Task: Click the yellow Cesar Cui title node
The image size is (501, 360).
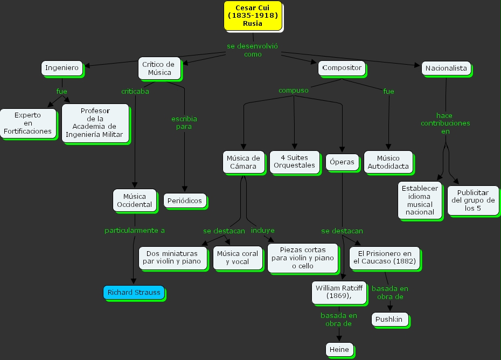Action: tap(253, 16)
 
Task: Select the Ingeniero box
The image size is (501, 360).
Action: tap(62, 68)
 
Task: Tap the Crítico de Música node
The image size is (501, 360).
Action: tap(158, 68)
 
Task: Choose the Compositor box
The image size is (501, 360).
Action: tap(342, 68)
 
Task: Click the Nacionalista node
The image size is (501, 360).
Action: tap(446, 68)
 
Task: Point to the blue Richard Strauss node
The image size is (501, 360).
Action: tap(134, 293)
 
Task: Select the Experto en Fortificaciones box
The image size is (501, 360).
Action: tap(27, 123)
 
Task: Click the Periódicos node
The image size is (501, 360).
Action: tap(184, 201)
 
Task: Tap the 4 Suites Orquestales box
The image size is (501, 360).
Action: tap(294, 162)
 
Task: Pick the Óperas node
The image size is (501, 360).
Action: tap(342, 162)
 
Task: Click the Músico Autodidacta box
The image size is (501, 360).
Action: tap(388, 162)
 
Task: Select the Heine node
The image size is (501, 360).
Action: tap(339, 350)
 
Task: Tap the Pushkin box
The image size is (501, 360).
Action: tap(389, 320)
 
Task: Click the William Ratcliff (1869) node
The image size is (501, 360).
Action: tap(339, 292)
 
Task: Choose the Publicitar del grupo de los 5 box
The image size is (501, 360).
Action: tap(472, 200)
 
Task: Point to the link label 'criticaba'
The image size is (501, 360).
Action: tap(135, 91)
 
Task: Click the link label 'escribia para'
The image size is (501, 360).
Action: tap(184, 122)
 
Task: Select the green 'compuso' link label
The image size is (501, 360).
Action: tap(294, 91)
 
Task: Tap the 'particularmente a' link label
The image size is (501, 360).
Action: tap(135, 230)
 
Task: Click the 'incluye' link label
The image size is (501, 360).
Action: tap(262, 230)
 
